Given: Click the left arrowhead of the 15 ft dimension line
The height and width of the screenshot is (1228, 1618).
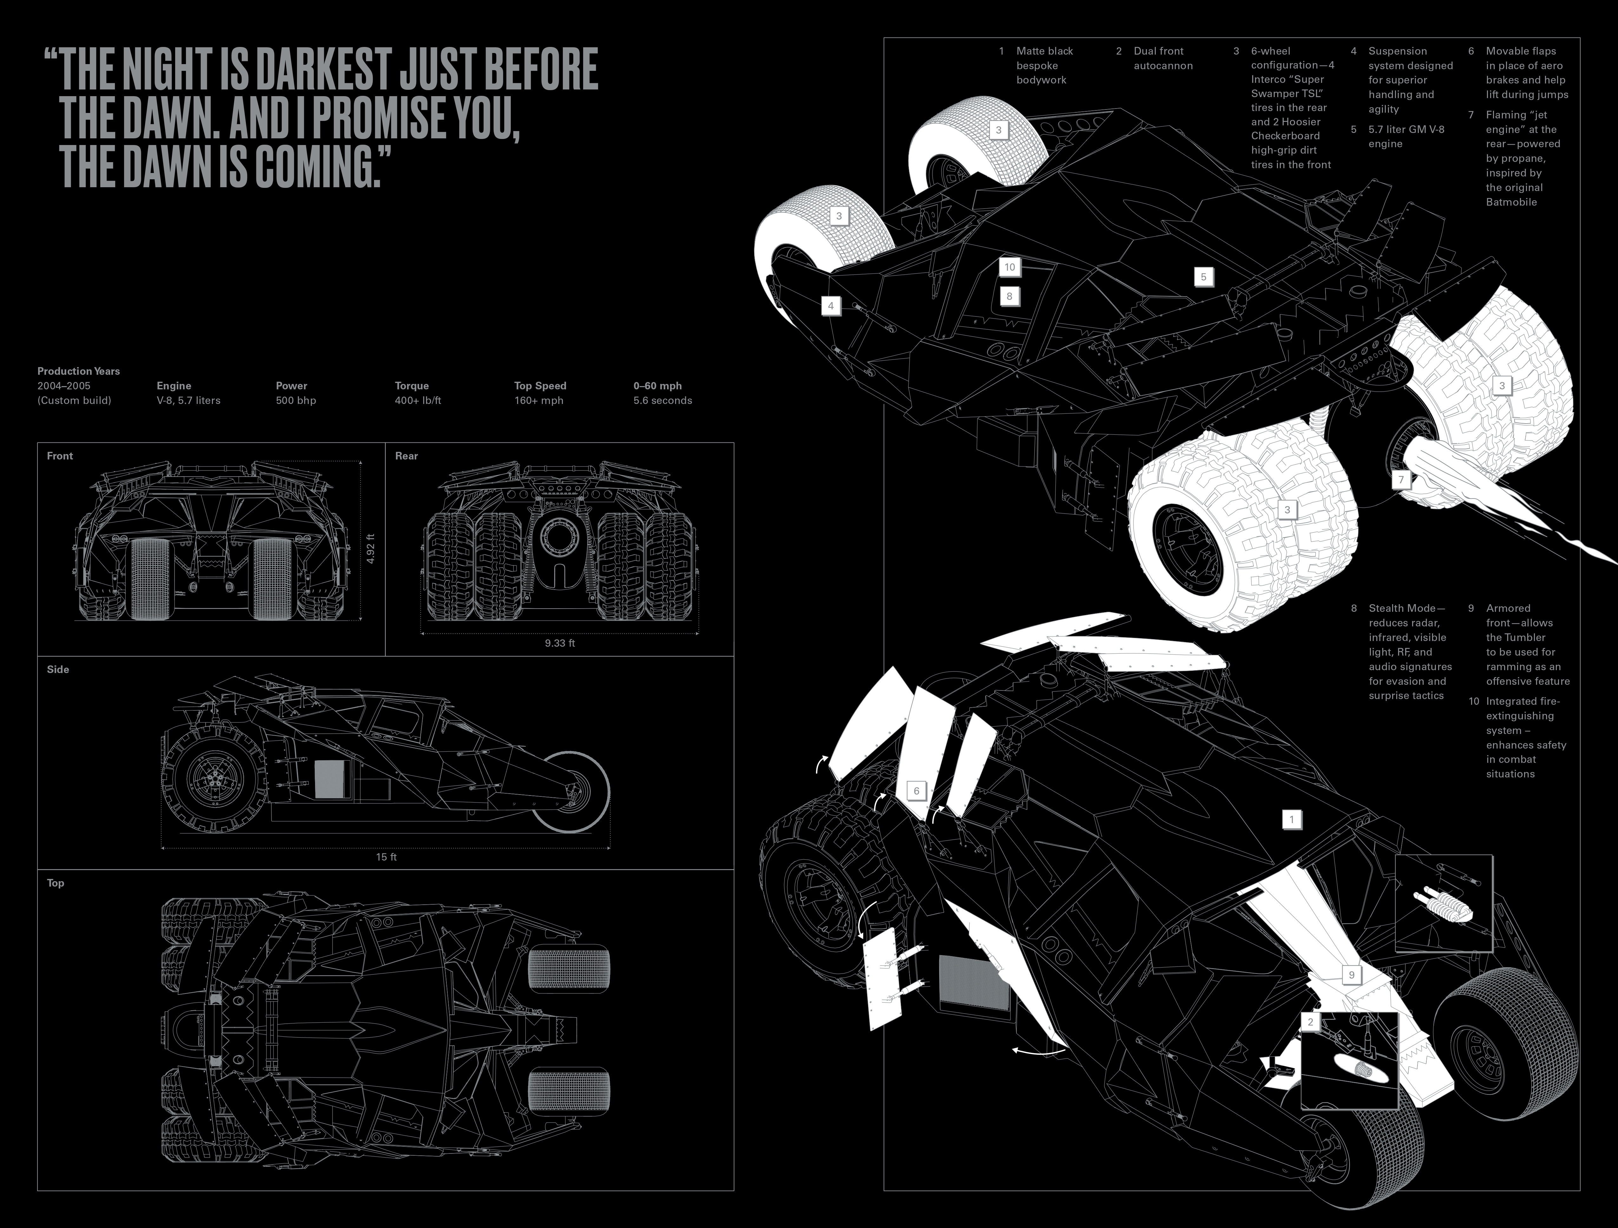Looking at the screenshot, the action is point(162,848).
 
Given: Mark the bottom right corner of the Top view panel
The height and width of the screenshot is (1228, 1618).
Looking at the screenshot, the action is point(734,1191).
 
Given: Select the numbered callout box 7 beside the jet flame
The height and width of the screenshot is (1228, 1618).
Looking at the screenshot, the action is point(1401,480).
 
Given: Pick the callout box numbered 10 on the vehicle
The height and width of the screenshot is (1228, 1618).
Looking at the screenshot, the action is point(1010,267).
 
